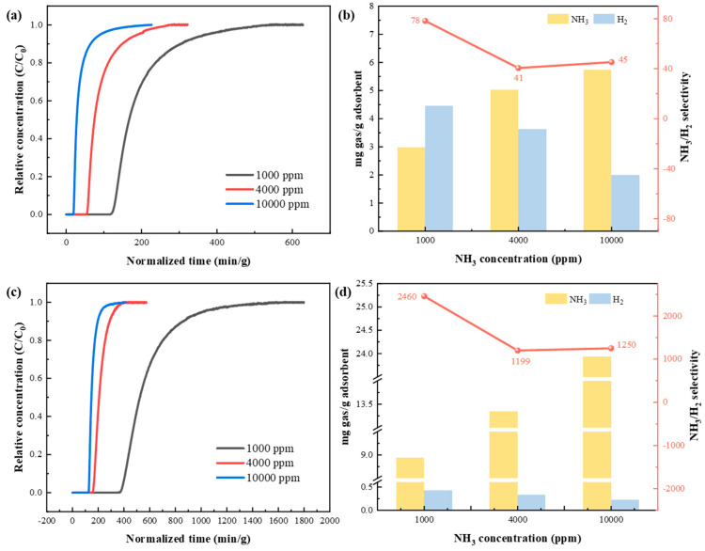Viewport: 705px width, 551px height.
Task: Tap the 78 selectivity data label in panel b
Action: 415,21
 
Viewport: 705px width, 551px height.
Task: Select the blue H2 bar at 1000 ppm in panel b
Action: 439,168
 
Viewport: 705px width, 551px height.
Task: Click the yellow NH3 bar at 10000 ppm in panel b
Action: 598,150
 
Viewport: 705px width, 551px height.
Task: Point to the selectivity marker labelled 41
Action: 518,68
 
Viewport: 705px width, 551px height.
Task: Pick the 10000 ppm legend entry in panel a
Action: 268,204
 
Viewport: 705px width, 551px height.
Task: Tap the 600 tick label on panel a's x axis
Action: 292,242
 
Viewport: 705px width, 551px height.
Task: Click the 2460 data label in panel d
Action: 407,296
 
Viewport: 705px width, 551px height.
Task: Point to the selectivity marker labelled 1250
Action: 611,348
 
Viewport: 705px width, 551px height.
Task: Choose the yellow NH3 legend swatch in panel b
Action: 557,19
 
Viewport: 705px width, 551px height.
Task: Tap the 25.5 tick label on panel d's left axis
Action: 364,284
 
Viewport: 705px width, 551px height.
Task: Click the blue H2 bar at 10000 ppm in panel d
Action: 625,505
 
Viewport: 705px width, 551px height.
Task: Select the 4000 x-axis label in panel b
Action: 518,240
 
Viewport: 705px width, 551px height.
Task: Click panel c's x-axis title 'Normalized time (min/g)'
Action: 188,539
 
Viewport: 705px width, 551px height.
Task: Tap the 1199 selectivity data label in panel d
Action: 520,361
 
